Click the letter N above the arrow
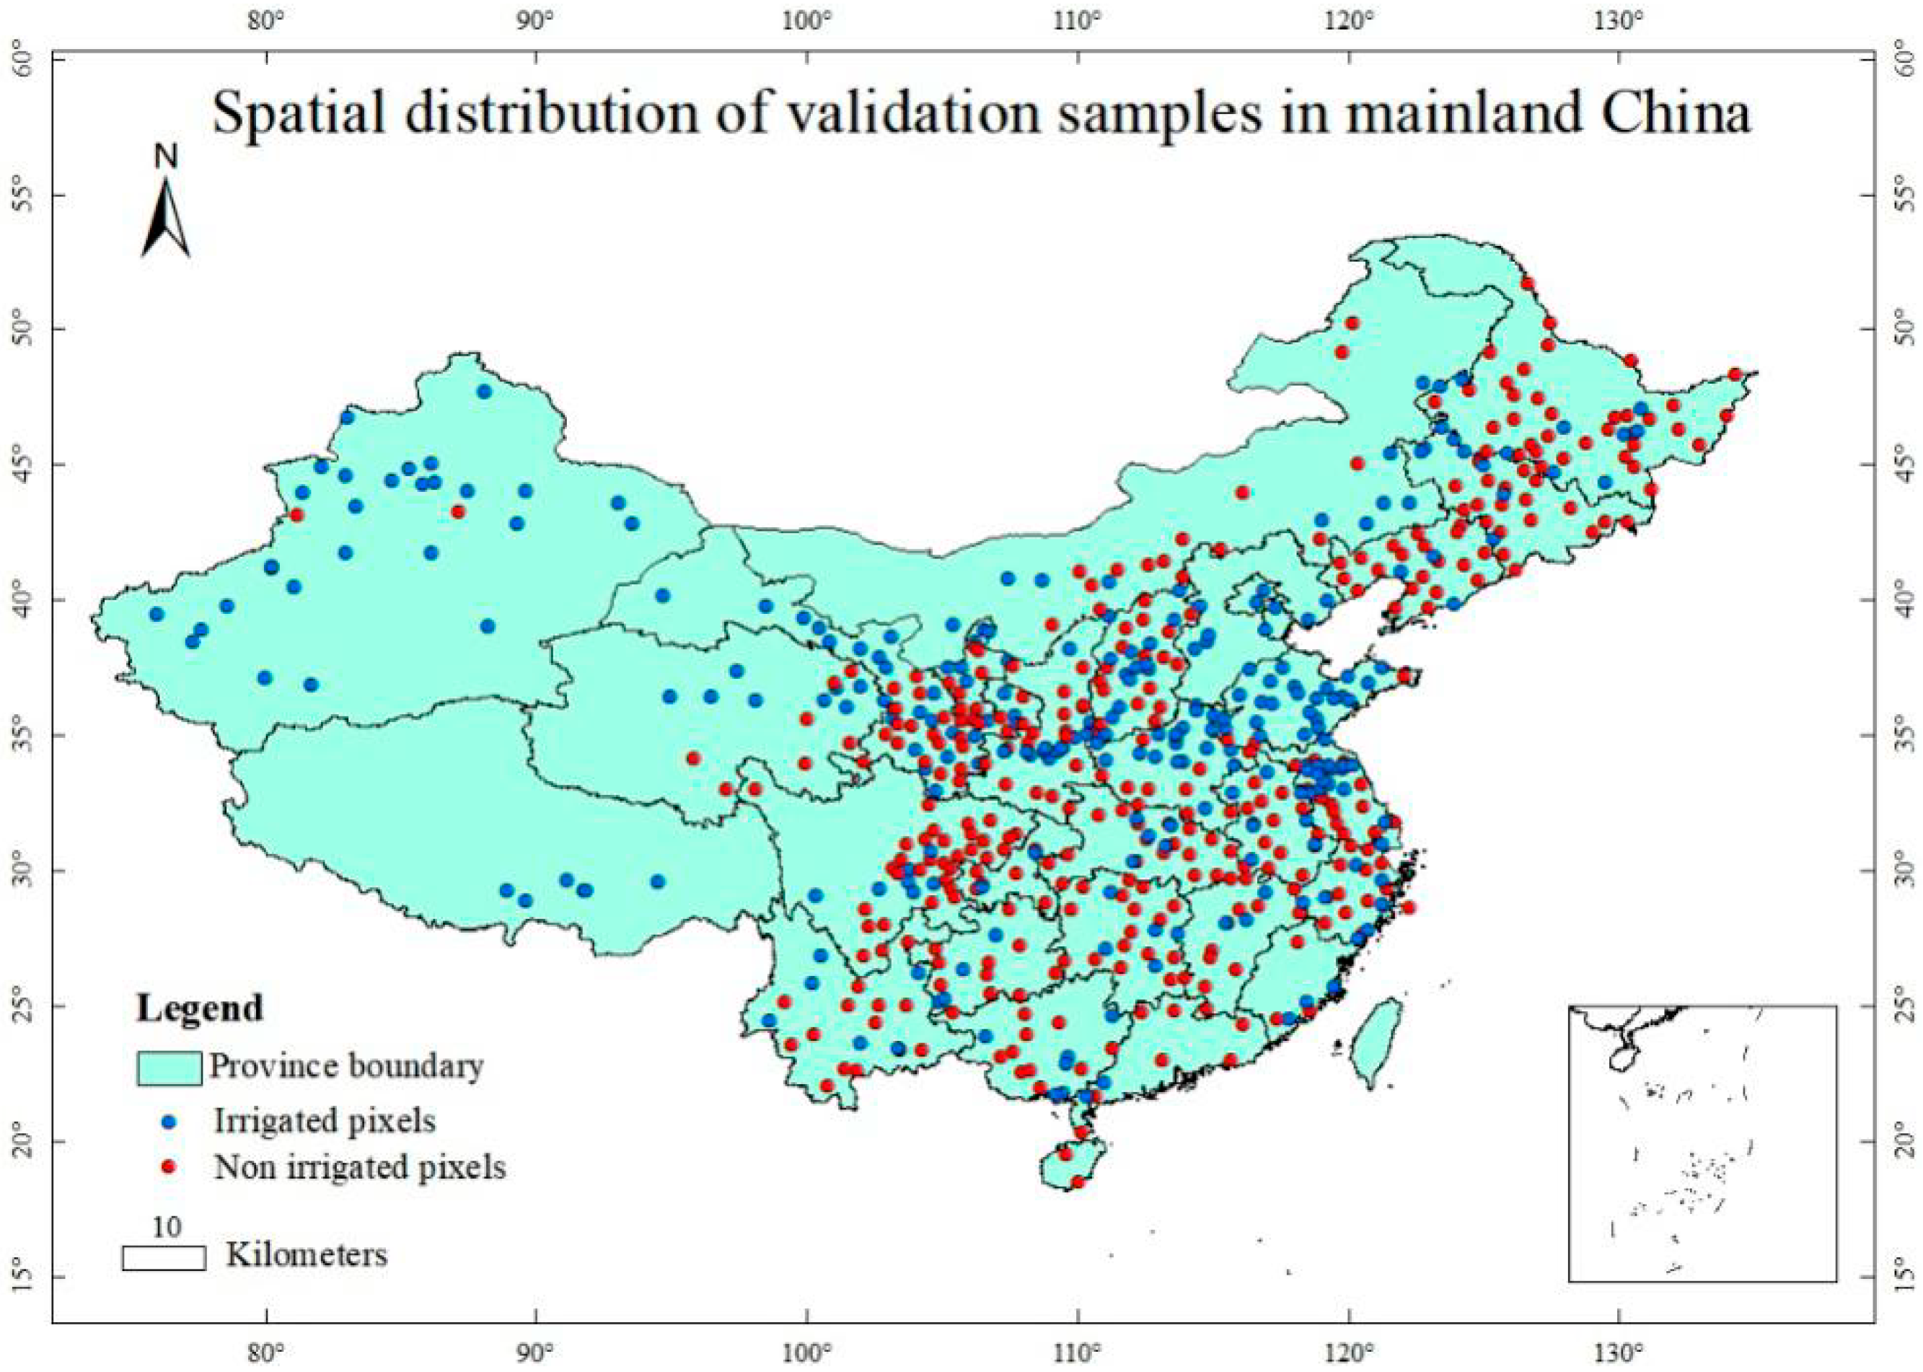pos(167,157)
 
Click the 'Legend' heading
pos(200,1008)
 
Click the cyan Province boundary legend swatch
pos(169,1068)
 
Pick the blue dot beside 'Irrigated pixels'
pos(169,1122)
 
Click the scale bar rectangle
pos(164,1258)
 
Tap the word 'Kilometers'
pos(307,1254)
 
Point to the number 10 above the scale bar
pos(167,1227)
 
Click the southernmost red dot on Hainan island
pos(1077,1182)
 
